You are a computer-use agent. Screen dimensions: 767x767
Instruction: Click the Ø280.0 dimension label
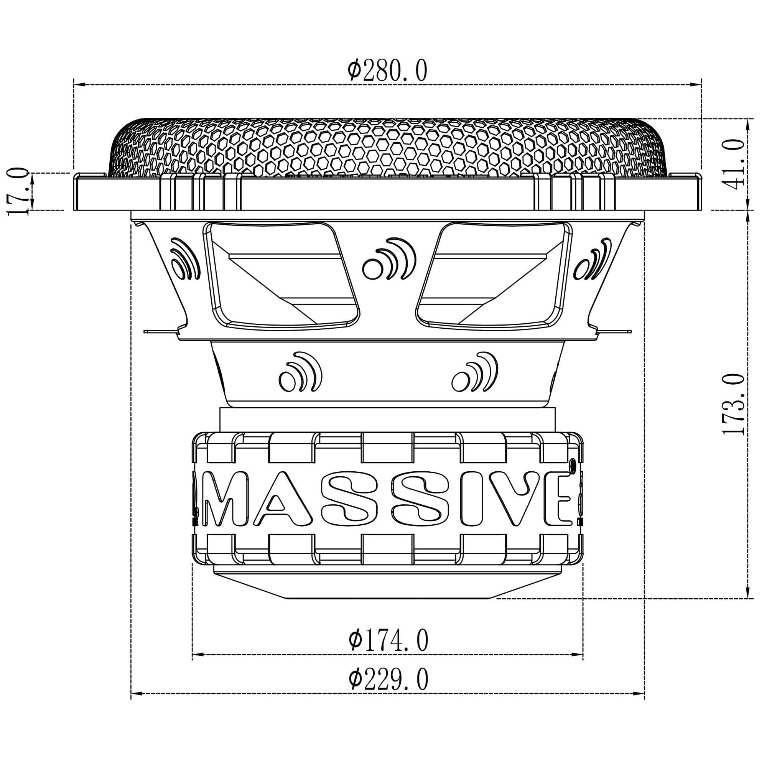pyautogui.click(x=387, y=71)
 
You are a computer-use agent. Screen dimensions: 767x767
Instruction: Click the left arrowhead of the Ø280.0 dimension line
pyautogui.click(x=78, y=84)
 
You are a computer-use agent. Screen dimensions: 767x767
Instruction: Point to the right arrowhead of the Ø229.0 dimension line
pyautogui.click(x=640, y=704)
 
